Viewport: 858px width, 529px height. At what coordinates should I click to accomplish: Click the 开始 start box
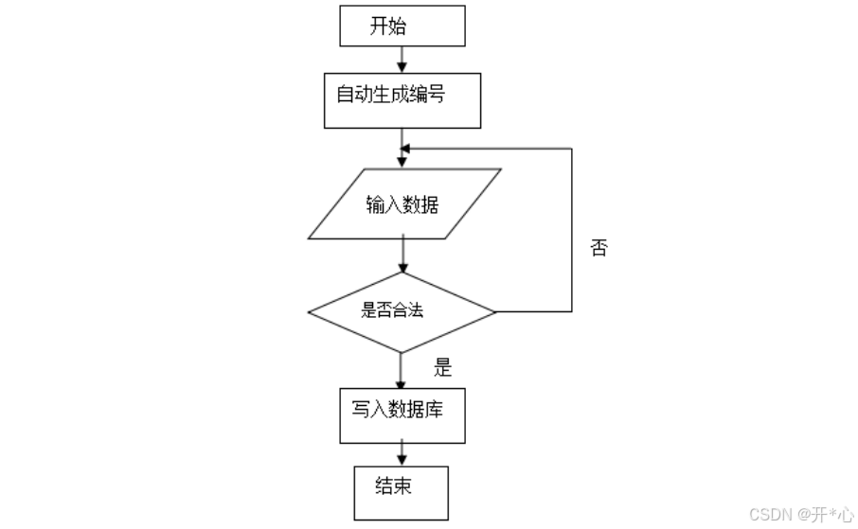[402, 26]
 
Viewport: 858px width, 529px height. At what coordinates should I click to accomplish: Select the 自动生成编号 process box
[402, 100]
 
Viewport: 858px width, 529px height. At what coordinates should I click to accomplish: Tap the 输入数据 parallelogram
[404, 203]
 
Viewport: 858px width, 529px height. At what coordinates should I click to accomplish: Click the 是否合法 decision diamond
[402, 312]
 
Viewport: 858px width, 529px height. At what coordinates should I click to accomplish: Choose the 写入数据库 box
[402, 415]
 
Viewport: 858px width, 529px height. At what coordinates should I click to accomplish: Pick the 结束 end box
[402, 493]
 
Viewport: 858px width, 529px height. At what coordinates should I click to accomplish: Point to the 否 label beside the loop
[599, 248]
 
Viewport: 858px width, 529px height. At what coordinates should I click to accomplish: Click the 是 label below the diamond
[442, 367]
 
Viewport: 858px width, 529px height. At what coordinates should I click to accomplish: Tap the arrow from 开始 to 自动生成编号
[402, 60]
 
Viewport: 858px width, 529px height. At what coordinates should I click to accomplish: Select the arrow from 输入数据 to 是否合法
[402, 254]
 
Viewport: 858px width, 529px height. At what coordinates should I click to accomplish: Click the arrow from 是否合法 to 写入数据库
[401, 371]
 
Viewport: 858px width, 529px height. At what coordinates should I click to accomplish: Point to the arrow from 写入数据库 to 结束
[402, 452]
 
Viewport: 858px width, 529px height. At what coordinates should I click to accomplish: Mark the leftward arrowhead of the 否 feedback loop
[405, 149]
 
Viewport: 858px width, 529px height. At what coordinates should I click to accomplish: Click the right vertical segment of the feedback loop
[572, 230]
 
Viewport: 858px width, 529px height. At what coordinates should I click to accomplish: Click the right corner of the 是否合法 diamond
[495, 312]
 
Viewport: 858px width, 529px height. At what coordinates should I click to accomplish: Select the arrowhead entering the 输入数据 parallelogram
[402, 163]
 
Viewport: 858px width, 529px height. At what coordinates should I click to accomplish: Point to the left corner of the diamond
[308, 312]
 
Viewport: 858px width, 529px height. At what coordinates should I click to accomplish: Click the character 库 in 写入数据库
[434, 409]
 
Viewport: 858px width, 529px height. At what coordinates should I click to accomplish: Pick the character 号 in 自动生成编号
[437, 94]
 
